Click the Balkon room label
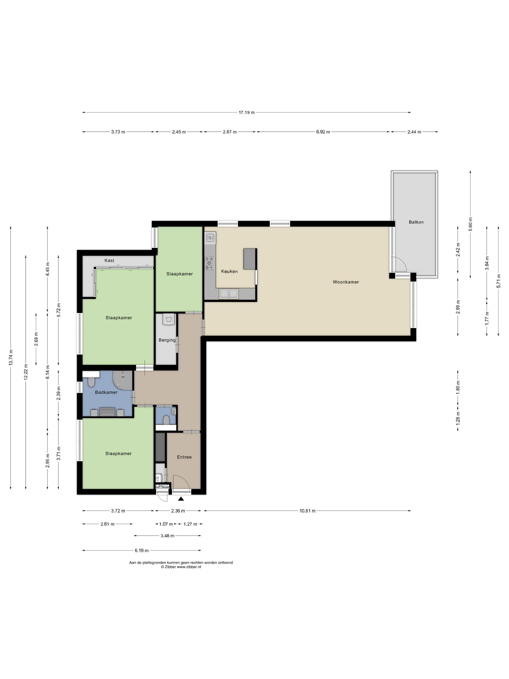click(416, 222)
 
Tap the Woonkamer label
click(346, 282)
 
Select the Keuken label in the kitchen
click(230, 271)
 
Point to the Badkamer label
click(106, 392)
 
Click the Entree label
click(184, 457)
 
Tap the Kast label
click(109, 260)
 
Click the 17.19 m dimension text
click(247, 112)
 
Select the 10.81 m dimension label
click(307, 511)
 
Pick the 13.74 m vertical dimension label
click(11, 358)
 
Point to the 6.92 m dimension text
click(323, 132)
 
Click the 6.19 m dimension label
click(142, 550)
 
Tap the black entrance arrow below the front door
click(181, 499)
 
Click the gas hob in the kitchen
click(210, 263)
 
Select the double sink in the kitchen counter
click(229, 293)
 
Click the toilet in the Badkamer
click(91, 382)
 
